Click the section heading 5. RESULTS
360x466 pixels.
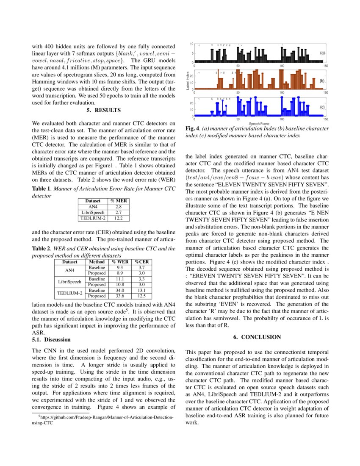[104, 111]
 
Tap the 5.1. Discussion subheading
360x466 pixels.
[51, 340]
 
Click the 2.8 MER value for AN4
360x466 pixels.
[119, 206]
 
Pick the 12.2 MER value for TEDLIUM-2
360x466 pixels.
[119, 218]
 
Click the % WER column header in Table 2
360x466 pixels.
[120, 262]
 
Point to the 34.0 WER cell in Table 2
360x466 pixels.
[120, 290]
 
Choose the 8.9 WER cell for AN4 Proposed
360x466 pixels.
[120, 273]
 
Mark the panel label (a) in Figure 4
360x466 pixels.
[322, 53]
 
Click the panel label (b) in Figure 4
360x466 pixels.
[322, 80]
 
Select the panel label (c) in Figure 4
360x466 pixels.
[322, 107]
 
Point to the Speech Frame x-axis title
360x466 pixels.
[259, 124]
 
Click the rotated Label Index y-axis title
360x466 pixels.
[188, 80]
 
